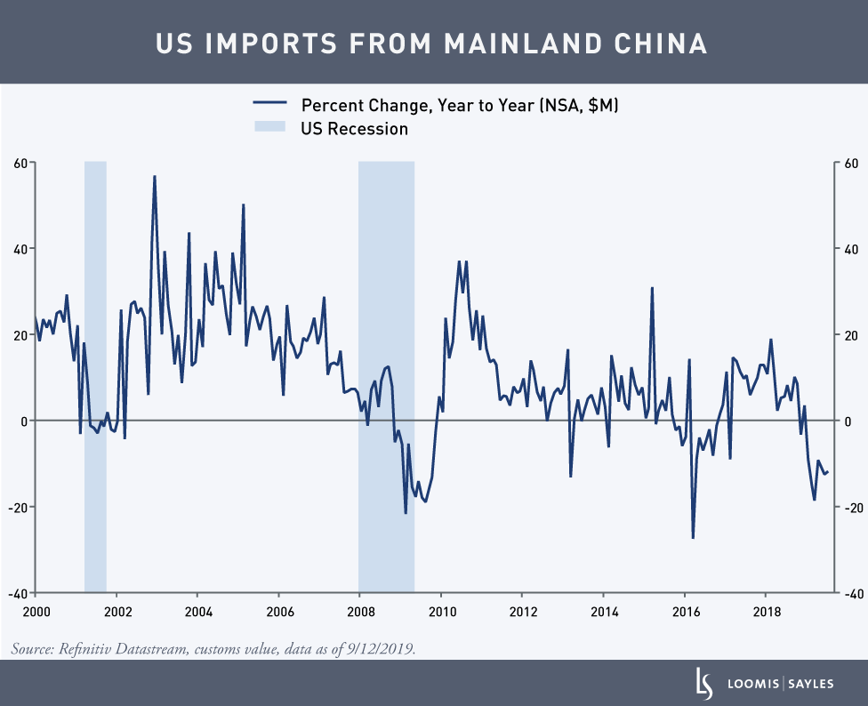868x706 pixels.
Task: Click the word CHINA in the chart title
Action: click(657, 44)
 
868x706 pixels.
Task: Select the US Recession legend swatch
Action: click(269, 129)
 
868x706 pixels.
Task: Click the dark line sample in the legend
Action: click(269, 105)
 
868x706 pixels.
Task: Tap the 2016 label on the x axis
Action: click(685, 612)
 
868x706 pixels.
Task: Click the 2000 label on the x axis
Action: click(36, 612)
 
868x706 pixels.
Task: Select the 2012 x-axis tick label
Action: click(522, 612)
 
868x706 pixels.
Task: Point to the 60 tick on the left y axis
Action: click(19, 163)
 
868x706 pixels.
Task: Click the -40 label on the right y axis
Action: click(851, 593)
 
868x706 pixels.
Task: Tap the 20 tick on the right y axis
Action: click(849, 335)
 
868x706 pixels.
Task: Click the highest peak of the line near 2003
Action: click(155, 176)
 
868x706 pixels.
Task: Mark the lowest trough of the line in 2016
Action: click(693, 537)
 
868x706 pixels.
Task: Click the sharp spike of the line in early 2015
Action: click(652, 288)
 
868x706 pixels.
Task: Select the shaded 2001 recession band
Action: click(95, 373)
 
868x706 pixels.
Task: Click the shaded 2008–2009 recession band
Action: click(386, 373)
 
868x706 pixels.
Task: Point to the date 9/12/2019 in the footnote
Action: click(382, 650)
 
